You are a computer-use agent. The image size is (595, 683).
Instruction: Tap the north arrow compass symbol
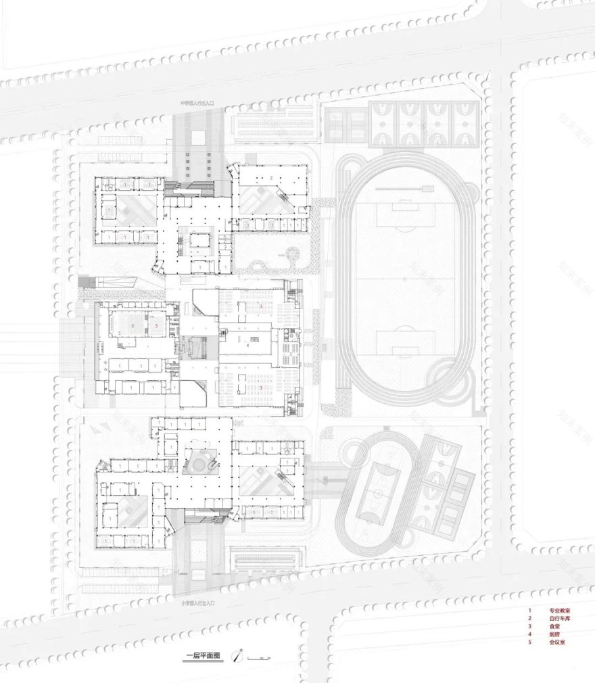pos(237,656)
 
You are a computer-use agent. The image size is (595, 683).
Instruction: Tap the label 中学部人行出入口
pos(196,103)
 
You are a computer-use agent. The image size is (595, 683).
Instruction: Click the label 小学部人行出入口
pos(197,602)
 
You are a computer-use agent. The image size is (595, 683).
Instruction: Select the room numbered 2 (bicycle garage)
pos(270,178)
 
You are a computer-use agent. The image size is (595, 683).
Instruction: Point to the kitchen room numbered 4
pos(248,345)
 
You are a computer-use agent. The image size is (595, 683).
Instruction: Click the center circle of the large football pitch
pos(404,279)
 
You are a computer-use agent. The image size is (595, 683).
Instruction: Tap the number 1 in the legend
pos(530,610)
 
